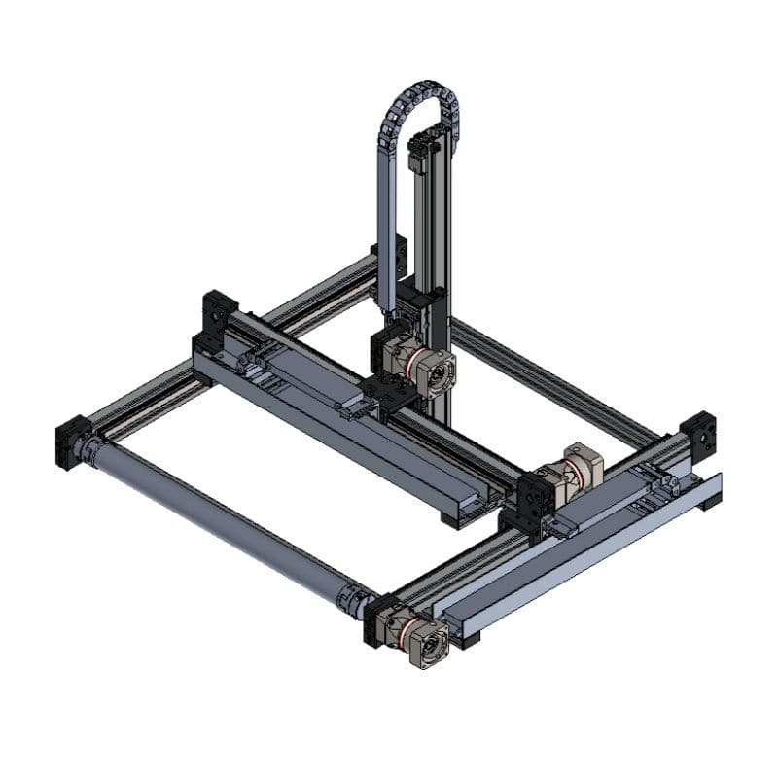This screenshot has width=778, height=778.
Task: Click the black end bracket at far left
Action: tap(72, 442)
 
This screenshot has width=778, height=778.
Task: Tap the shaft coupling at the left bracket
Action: tap(94, 449)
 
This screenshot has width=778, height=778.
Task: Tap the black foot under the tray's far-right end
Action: tap(713, 502)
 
